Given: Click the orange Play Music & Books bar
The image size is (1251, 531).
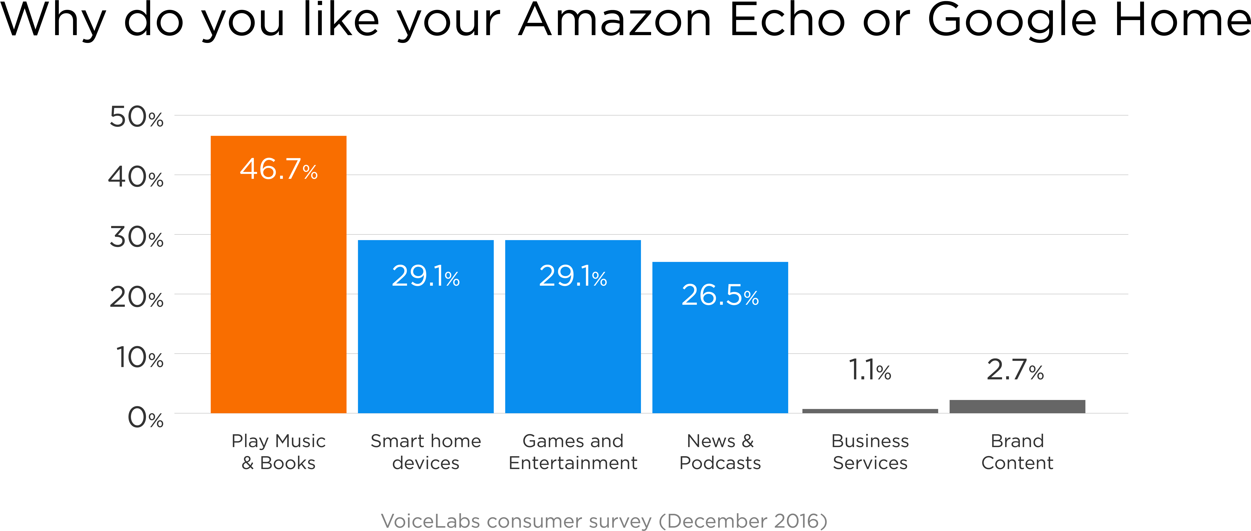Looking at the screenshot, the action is (x=278, y=274).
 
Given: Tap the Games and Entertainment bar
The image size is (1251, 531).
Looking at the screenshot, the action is (x=573, y=327).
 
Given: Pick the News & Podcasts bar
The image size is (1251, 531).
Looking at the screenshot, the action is (x=720, y=337).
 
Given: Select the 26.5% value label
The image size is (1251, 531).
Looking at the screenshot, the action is (x=720, y=295).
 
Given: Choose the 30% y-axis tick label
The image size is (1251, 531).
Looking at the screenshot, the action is (x=136, y=237).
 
